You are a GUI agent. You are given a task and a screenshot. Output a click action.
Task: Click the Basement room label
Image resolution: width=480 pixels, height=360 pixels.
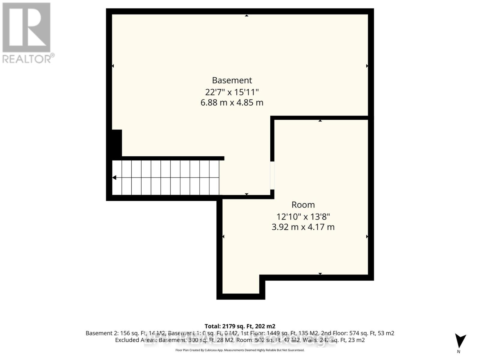(232, 80)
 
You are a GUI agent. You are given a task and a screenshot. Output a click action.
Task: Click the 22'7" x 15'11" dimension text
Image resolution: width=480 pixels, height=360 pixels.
(232, 92)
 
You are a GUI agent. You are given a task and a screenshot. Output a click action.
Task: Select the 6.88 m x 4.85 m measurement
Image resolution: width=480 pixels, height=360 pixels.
(232, 103)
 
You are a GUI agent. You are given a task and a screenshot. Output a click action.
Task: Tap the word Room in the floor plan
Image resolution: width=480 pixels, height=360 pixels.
(303, 205)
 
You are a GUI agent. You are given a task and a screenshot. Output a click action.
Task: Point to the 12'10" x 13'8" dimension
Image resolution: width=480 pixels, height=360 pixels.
(303, 216)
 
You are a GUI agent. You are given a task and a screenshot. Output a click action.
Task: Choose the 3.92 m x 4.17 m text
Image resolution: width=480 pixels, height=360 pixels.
(303, 227)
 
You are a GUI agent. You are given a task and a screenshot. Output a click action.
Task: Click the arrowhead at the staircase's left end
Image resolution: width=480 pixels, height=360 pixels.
(114, 178)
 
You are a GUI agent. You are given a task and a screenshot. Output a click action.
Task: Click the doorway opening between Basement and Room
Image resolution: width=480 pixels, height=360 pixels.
(272, 175)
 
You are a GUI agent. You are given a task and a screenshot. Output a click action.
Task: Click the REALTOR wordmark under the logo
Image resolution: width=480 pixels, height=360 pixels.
(28, 58)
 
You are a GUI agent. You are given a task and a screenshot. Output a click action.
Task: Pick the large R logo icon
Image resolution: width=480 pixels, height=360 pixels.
(26, 27)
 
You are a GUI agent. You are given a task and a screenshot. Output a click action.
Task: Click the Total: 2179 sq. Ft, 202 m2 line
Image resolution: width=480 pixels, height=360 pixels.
(240, 326)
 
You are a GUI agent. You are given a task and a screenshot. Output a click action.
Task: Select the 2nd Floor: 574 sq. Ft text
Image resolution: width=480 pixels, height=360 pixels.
(353, 333)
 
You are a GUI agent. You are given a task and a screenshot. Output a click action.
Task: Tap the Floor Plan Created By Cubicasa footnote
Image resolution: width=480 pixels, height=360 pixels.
(240, 350)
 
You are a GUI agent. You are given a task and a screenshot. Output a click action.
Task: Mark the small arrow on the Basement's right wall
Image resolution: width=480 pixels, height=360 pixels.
(367, 66)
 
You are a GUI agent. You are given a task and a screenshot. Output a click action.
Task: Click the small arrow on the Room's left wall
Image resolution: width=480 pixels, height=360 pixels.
(223, 237)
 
